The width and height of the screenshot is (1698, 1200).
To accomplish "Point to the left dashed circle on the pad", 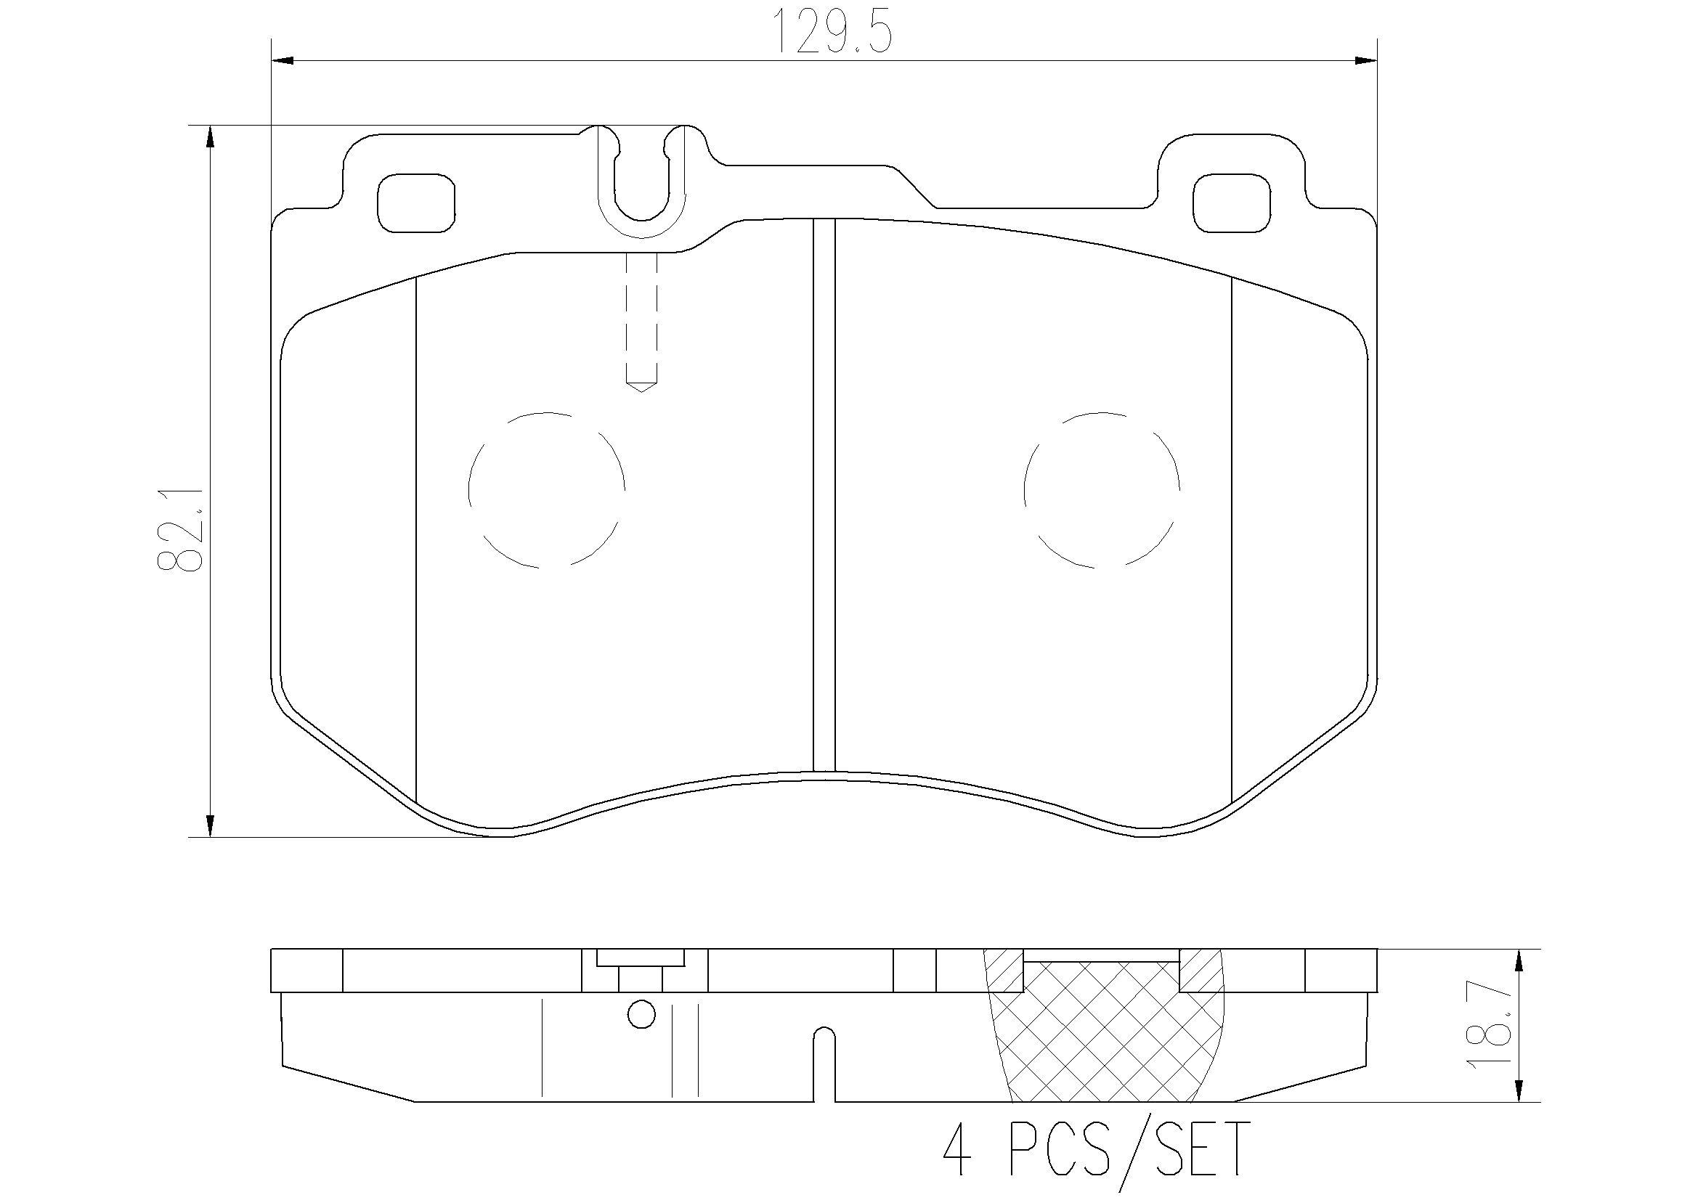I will (547, 489).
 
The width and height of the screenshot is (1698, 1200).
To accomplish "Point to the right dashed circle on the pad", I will (1102, 489).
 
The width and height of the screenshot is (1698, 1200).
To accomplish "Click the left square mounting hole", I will (415, 203).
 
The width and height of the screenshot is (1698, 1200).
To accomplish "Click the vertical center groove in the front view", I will (824, 495).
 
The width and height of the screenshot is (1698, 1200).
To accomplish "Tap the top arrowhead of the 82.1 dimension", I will (211, 139).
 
